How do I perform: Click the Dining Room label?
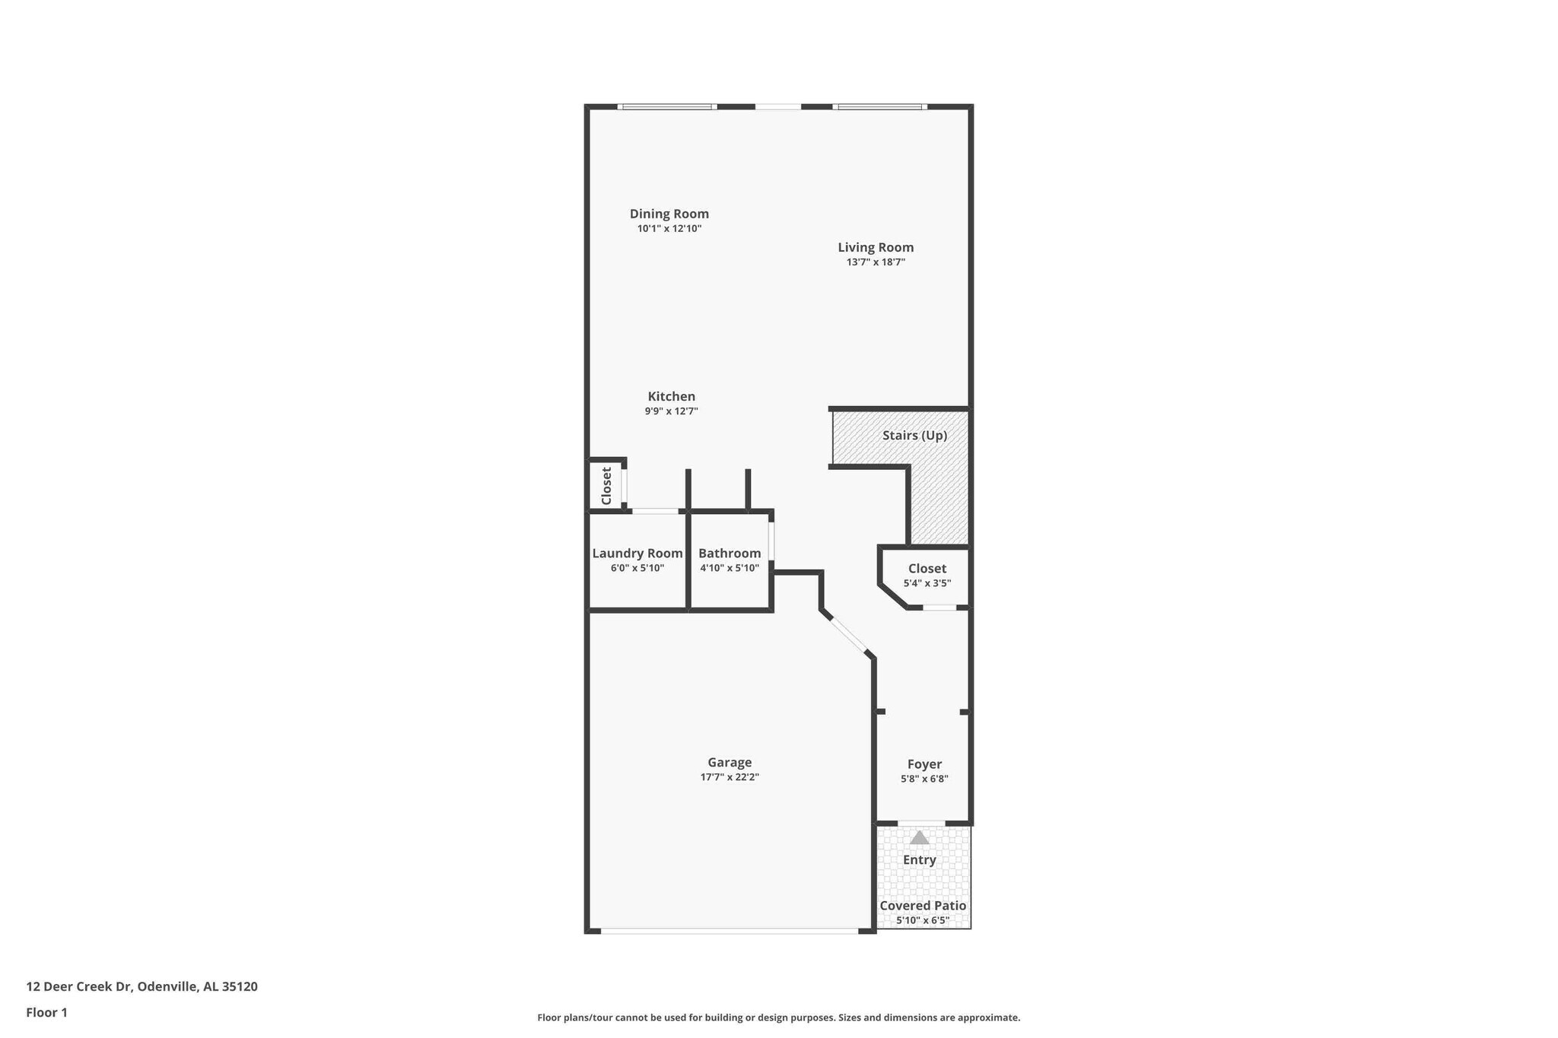(669, 214)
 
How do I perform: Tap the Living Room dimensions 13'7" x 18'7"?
(876, 262)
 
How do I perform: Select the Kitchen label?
(671, 396)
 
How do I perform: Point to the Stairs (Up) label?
(914, 435)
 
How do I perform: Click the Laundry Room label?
(638, 553)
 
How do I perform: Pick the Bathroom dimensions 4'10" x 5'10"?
(729, 568)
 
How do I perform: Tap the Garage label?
(730, 762)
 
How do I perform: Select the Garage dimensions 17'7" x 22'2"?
(730, 777)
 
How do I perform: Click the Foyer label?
(924, 764)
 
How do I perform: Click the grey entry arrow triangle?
(920, 838)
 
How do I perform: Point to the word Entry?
(919, 860)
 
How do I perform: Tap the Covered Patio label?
(923, 906)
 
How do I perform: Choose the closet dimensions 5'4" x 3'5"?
(927, 583)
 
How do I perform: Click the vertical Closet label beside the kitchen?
(606, 486)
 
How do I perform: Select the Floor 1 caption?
(46, 1012)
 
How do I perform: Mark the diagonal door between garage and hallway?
(848, 636)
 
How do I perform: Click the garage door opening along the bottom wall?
(729, 931)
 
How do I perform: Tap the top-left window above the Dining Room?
(667, 107)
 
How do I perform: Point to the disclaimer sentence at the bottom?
(778, 1017)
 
